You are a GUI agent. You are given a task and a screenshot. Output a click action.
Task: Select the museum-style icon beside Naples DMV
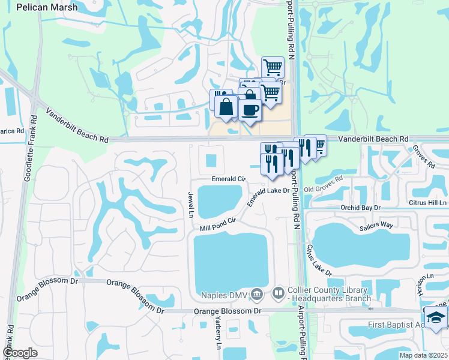(x=257, y=294)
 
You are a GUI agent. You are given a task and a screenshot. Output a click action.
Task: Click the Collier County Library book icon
(x=278, y=294)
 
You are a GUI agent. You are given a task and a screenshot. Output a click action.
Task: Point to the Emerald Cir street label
(x=229, y=179)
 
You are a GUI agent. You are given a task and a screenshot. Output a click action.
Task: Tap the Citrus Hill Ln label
(x=428, y=203)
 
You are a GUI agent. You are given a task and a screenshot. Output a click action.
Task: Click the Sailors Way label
(x=376, y=224)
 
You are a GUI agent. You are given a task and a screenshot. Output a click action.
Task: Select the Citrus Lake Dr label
(x=319, y=259)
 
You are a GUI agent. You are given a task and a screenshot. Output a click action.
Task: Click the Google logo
(x=20, y=353)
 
